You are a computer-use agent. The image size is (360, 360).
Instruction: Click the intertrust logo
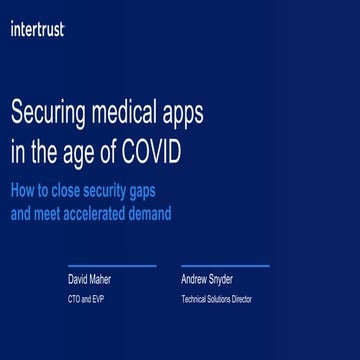click(37, 30)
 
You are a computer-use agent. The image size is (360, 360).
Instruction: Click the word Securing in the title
click(50, 116)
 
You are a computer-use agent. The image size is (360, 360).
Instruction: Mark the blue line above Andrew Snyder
click(225, 266)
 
